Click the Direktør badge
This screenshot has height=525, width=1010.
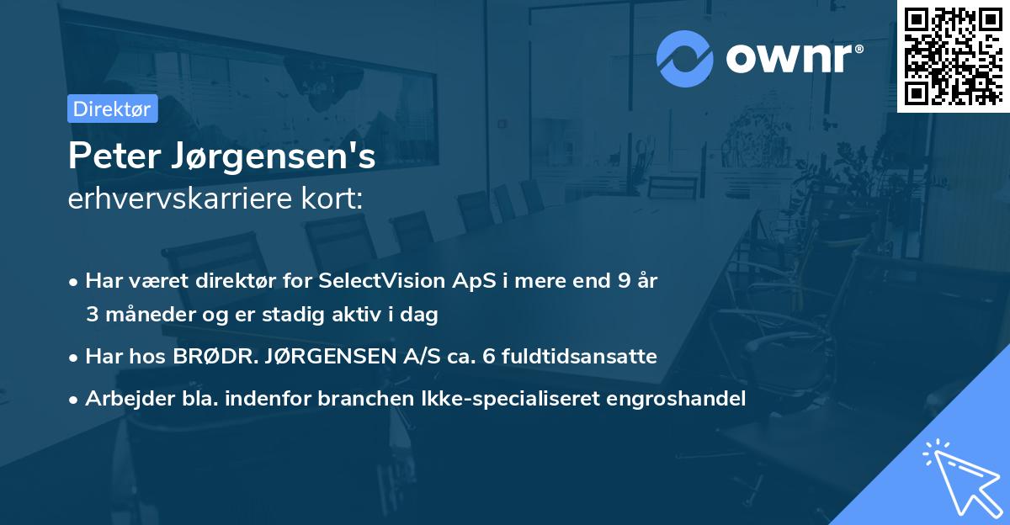click(112, 109)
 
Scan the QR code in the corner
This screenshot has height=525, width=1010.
click(953, 56)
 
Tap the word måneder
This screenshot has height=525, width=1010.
click(143, 316)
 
